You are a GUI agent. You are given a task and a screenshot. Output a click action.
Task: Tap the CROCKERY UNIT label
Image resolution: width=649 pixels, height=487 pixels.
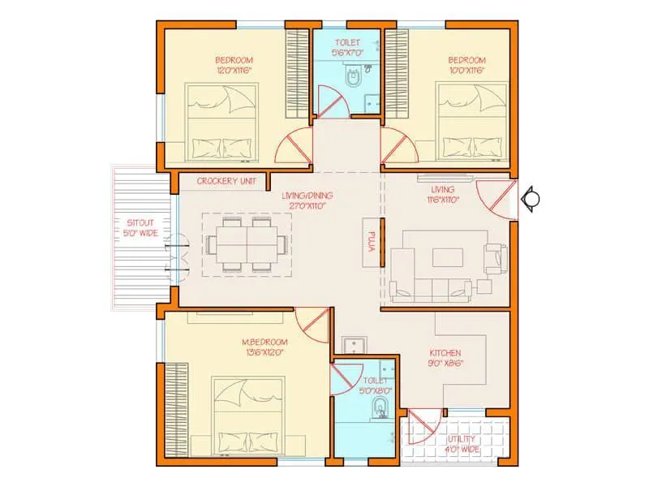pyautogui.click(x=226, y=181)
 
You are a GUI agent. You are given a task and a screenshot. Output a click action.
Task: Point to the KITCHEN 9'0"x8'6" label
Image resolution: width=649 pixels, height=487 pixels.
pyautogui.click(x=445, y=358)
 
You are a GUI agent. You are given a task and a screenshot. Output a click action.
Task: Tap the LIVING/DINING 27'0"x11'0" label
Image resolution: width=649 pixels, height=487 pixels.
pyautogui.click(x=307, y=200)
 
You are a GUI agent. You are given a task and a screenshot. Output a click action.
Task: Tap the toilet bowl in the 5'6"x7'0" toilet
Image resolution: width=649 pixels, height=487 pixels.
pyautogui.click(x=354, y=79)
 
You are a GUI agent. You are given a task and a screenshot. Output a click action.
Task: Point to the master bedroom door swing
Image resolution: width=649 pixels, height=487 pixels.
pyautogui.click(x=312, y=325)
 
